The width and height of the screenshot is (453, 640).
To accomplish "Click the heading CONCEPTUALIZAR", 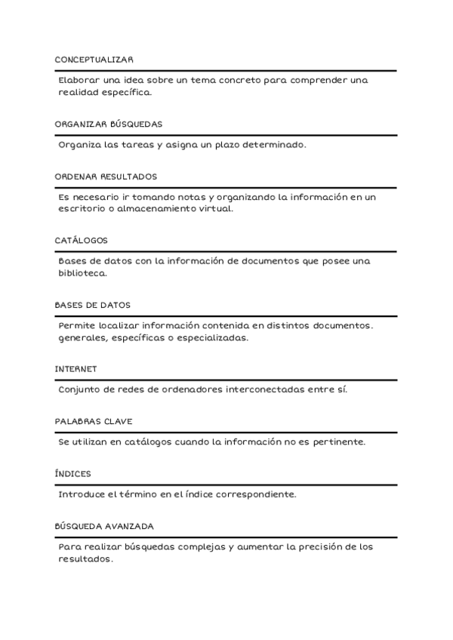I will [x=94, y=59].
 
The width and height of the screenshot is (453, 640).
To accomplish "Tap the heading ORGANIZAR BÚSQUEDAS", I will [x=108, y=124].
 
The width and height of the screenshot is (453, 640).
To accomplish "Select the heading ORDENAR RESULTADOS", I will [x=106, y=177].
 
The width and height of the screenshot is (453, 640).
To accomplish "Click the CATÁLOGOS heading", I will [x=81, y=241].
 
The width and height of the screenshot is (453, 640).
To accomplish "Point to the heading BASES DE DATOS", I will [x=92, y=305].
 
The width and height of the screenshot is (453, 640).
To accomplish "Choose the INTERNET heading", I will [x=75, y=369].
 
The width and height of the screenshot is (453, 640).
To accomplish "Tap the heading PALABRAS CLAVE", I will [x=94, y=421].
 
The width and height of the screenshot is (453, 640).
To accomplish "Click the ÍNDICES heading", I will [x=72, y=474].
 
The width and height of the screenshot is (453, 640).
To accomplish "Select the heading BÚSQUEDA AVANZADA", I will [x=105, y=526].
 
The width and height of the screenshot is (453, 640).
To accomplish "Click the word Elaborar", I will [x=78, y=81].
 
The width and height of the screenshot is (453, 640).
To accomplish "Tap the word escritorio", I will [x=83, y=209].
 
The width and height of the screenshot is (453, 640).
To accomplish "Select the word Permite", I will [x=76, y=326].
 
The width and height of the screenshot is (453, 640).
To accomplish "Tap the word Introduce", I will [x=82, y=495].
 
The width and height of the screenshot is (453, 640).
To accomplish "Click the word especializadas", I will [x=211, y=338].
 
